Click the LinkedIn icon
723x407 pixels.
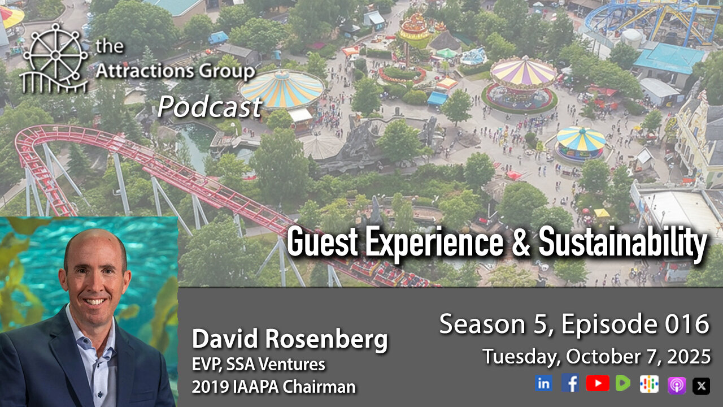pos(544,384)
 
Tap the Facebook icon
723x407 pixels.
pos(570,383)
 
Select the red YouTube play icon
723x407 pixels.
pos(597,384)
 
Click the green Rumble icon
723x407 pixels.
pos(622,384)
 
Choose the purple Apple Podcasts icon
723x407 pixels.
pos(676,385)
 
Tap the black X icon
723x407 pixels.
pos(702,386)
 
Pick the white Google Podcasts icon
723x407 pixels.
pos(649,384)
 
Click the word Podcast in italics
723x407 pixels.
pos(210,106)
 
